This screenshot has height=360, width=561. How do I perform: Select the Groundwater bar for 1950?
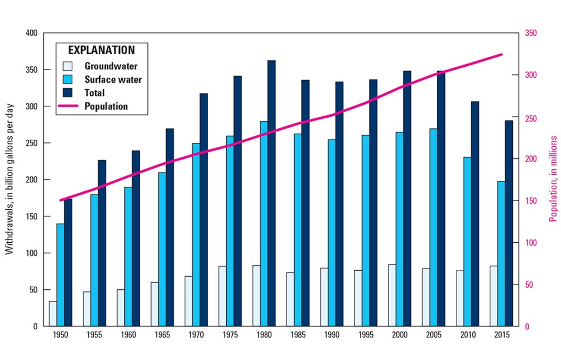click(x=53, y=313)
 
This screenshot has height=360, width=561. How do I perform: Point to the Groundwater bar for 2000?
click(x=392, y=295)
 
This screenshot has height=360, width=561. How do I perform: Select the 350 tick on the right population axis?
click(x=531, y=33)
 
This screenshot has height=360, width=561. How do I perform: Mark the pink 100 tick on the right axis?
click(x=531, y=243)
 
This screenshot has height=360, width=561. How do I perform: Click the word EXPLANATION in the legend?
click(x=101, y=50)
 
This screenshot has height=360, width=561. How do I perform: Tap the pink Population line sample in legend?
click(x=69, y=106)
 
